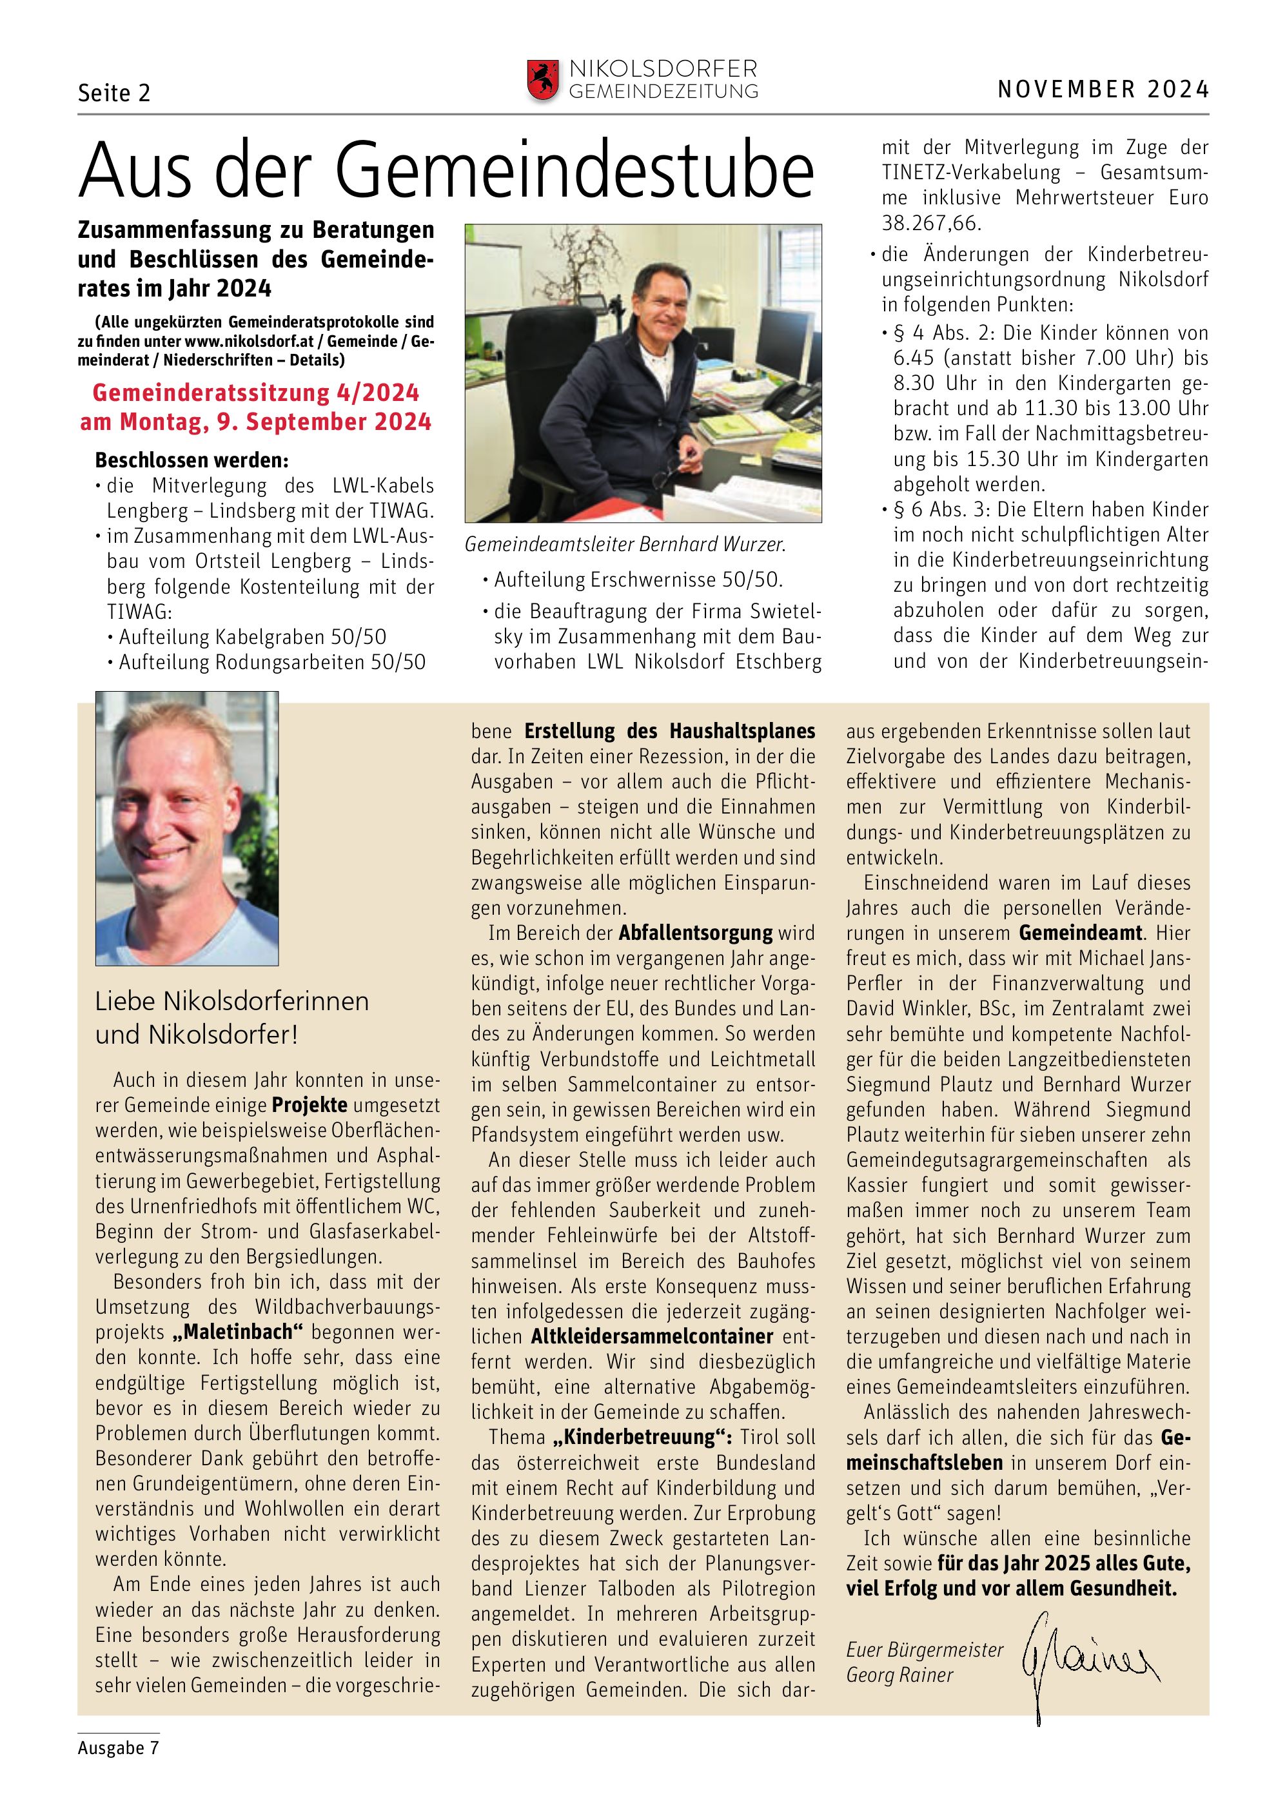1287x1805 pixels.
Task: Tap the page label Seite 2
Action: click(x=114, y=93)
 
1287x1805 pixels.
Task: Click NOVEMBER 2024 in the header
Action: click(x=1103, y=90)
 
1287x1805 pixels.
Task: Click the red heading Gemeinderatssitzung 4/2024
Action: click(x=256, y=393)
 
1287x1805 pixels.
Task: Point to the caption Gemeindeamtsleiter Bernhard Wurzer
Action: click(x=625, y=544)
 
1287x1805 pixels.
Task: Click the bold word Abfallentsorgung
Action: click(x=695, y=933)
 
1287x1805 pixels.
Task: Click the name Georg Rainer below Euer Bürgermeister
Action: click(x=899, y=1675)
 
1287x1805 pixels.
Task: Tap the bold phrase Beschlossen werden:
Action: click(x=192, y=460)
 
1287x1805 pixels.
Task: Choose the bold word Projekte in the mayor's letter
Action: click(x=309, y=1104)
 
